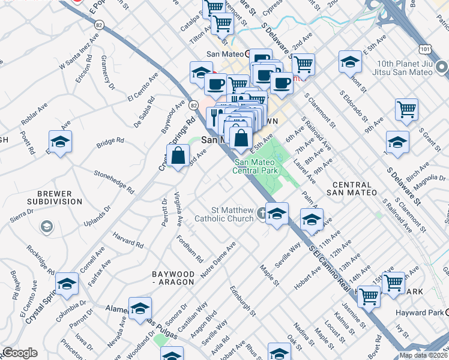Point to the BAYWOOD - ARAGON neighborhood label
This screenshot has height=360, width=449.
[173, 278]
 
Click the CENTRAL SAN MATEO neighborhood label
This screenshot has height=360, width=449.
[353, 188]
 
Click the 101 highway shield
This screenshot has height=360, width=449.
[409, 47]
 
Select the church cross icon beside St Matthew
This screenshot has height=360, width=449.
[261, 213]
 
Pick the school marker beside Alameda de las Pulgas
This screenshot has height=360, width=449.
[140, 308]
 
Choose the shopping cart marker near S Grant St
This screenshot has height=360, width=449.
[407, 109]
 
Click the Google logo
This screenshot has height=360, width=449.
[19, 353]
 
